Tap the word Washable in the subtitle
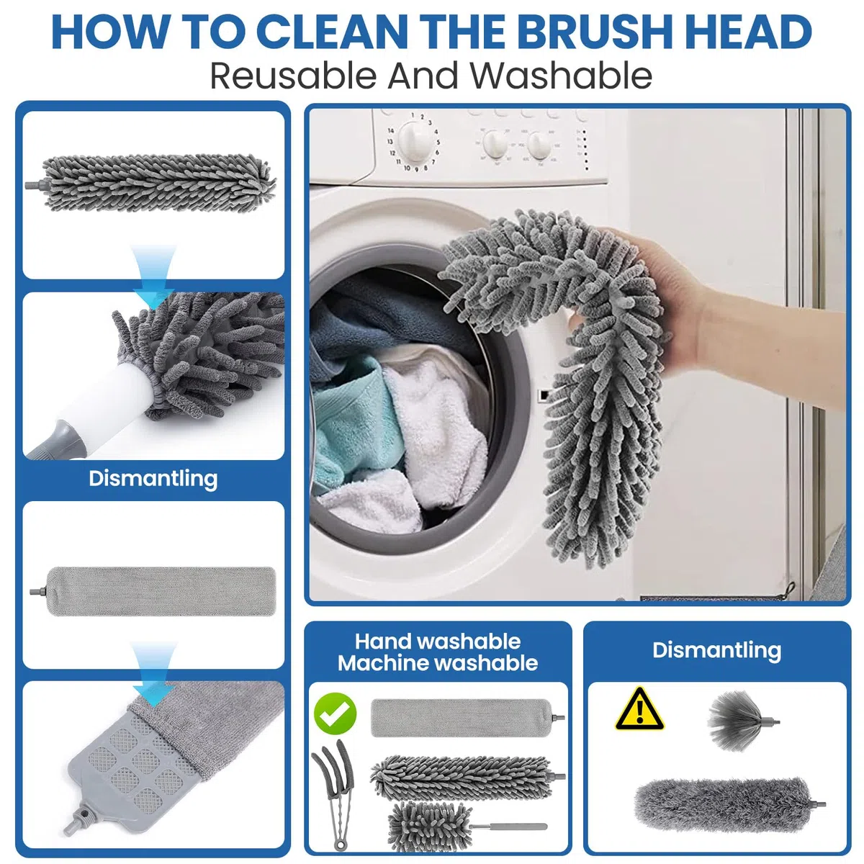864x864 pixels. (560, 76)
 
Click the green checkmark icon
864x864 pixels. (335, 713)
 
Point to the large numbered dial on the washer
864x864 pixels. (415, 141)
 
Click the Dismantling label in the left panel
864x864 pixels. (153, 478)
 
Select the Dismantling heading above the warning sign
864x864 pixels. (716, 650)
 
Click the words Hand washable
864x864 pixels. (438, 642)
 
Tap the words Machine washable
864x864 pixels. (438, 662)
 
